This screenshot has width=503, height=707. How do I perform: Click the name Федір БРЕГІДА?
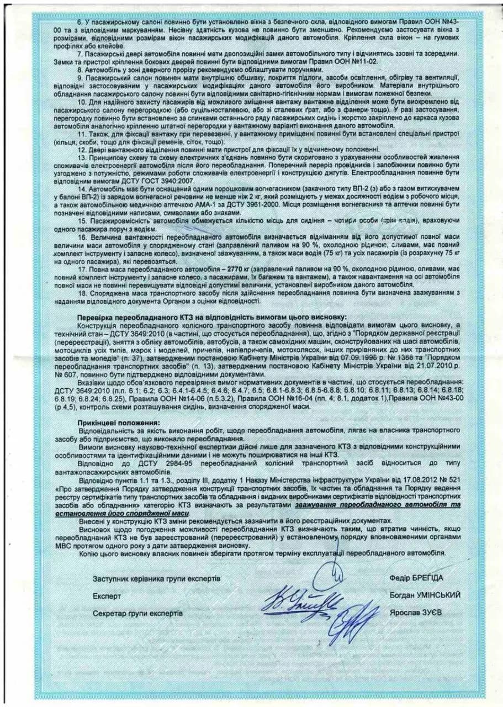coord(416,577)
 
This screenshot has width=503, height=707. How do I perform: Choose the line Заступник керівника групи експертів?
coord(157,578)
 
